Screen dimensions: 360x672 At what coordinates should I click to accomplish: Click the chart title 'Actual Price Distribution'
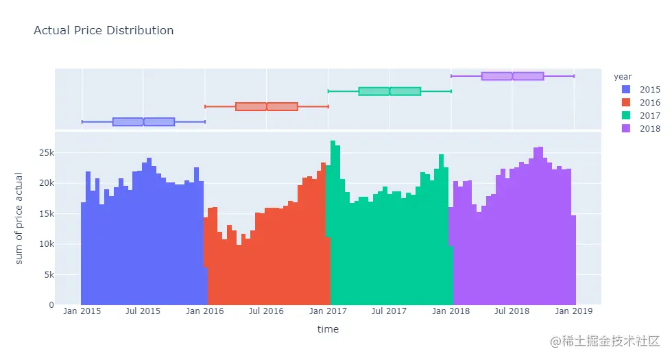pyautogui.click(x=104, y=31)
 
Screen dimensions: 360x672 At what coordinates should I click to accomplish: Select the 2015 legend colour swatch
pyautogui.click(x=625, y=90)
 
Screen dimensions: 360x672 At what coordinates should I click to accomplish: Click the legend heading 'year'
pyautogui.click(x=623, y=76)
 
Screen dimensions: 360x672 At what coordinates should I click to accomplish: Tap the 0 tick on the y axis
pyautogui.click(x=48, y=305)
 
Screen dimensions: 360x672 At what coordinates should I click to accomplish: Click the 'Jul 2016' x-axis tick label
pyautogui.click(x=266, y=311)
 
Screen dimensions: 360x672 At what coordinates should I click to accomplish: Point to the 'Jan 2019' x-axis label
pyautogui.click(x=573, y=311)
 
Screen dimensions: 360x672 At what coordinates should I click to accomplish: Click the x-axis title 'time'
pyautogui.click(x=328, y=329)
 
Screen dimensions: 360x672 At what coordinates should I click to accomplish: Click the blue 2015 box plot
pyautogui.click(x=143, y=122)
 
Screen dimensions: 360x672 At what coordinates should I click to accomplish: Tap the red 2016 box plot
pyautogui.click(x=266, y=106)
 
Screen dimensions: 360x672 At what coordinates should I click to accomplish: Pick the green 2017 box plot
pyautogui.click(x=389, y=91)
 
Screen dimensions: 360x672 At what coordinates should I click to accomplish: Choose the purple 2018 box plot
pyautogui.click(x=512, y=76)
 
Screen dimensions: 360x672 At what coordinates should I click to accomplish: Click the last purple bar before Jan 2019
pyautogui.click(x=573, y=261)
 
